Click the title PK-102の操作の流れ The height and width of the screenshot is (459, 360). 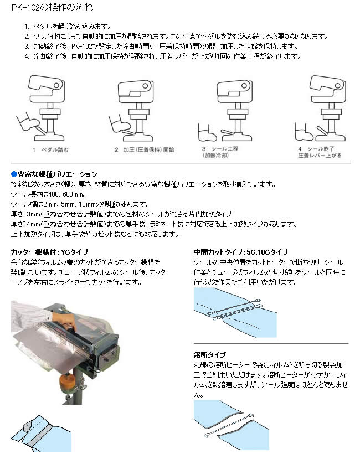[x=53, y=8]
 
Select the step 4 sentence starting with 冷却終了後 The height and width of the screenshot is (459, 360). [x=166, y=56]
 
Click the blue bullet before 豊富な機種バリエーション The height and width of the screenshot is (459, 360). [x=14, y=174]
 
